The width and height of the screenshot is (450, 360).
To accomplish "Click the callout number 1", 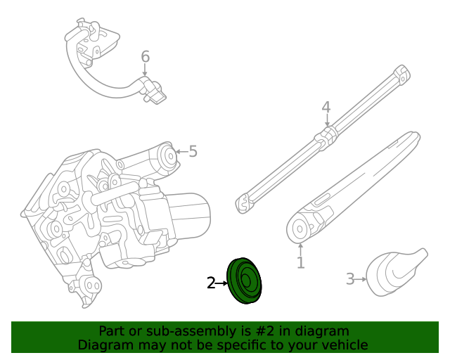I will (x=300, y=263).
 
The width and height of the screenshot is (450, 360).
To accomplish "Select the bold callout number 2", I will (x=211, y=283).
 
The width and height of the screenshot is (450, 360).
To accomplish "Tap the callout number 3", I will (x=350, y=279).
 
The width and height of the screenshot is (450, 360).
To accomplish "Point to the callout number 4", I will (x=326, y=108).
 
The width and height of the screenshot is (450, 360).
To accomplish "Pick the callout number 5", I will (x=193, y=150).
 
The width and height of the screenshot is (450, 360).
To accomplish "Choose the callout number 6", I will (x=145, y=56).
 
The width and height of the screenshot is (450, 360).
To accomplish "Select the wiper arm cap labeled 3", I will (x=395, y=272).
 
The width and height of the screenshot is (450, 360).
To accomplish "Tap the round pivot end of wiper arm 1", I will (x=300, y=229).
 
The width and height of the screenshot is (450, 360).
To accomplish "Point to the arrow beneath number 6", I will (x=145, y=70).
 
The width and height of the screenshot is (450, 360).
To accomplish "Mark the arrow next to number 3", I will (x=362, y=279).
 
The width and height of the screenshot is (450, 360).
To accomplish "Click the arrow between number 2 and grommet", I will (x=222, y=283).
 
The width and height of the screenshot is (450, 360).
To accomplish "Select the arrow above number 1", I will (x=300, y=247).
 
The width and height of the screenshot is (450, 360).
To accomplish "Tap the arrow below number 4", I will (x=326, y=120).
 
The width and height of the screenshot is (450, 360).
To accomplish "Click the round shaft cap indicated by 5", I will (x=167, y=156).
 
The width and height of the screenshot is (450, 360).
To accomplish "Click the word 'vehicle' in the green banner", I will (x=342, y=345).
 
